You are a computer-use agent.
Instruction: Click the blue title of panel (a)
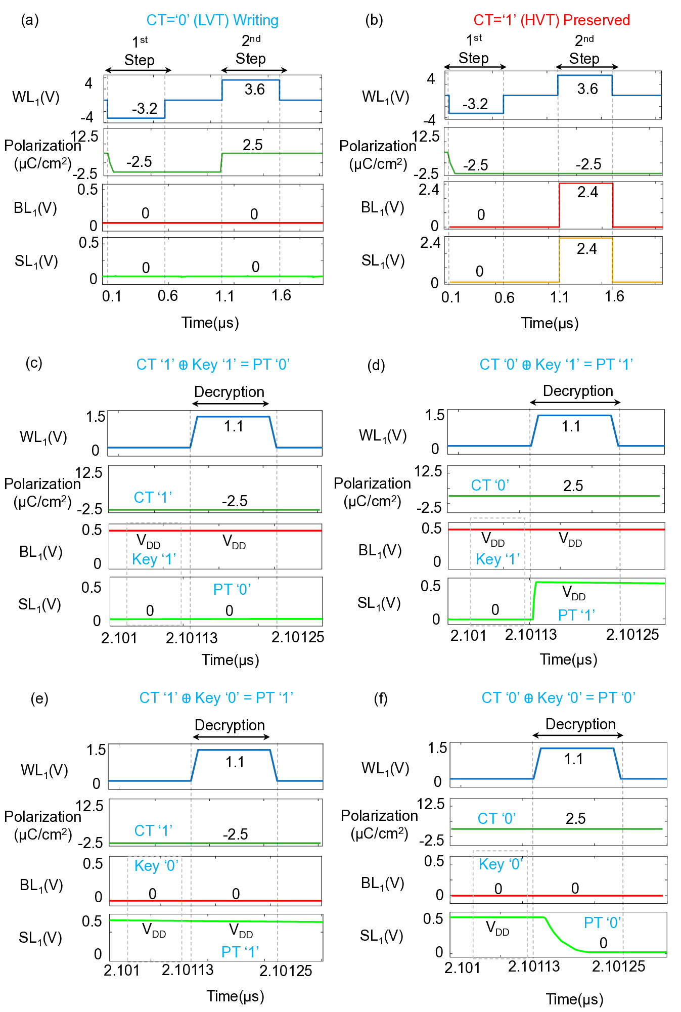pyautogui.click(x=212, y=20)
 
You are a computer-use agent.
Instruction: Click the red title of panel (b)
pyautogui.click(x=552, y=20)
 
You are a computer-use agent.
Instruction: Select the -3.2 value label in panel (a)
pyautogui.click(x=145, y=109)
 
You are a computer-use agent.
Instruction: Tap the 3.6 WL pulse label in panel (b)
pyautogui.click(x=587, y=89)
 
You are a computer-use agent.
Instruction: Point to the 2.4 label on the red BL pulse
pyautogui.click(x=587, y=192)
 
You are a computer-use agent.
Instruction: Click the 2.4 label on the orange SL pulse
pyautogui.click(x=586, y=249)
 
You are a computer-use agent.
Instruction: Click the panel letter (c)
pyautogui.click(x=34, y=363)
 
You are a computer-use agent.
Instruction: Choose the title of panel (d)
pyautogui.click(x=556, y=365)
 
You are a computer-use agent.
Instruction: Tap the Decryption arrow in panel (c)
pyautogui.click(x=231, y=404)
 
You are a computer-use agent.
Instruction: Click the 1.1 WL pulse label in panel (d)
pyautogui.click(x=571, y=426)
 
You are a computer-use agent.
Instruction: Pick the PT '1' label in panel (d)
pyautogui.click(x=576, y=615)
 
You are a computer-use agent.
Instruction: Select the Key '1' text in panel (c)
pyautogui.click(x=154, y=559)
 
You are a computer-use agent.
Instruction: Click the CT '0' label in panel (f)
pyautogui.click(x=496, y=818)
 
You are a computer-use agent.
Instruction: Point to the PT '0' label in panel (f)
pyautogui.click(x=602, y=922)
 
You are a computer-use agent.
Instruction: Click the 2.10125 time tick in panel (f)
pyautogui.click(x=619, y=966)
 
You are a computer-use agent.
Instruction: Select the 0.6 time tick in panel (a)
pyautogui.click(x=167, y=296)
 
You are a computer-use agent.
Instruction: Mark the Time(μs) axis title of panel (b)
pyautogui.click(x=550, y=323)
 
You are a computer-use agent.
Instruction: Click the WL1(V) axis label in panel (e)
pyautogui.click(x=44, y=770)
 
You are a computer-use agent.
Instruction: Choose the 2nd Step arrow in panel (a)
pyautogui.click(x=254, y=70)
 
